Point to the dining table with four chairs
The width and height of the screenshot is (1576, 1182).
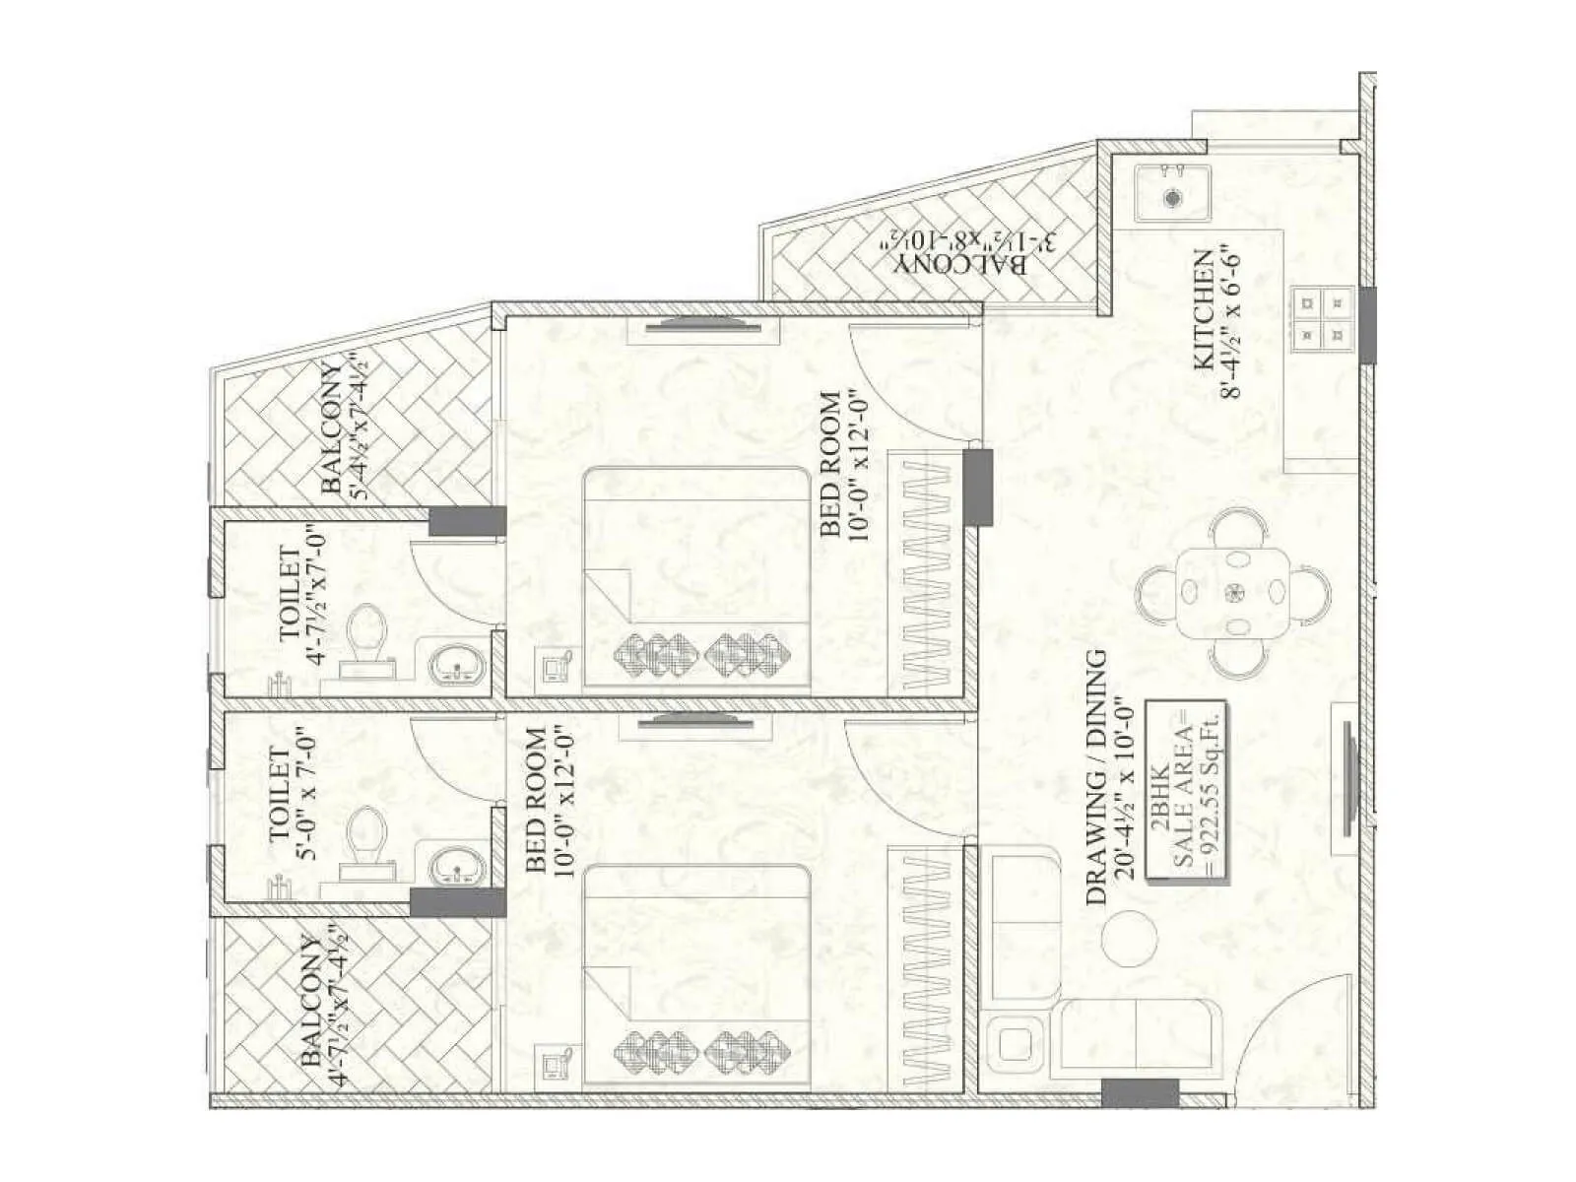tap(1233, 592)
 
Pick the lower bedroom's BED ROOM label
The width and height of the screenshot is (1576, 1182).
tap(547, 800)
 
